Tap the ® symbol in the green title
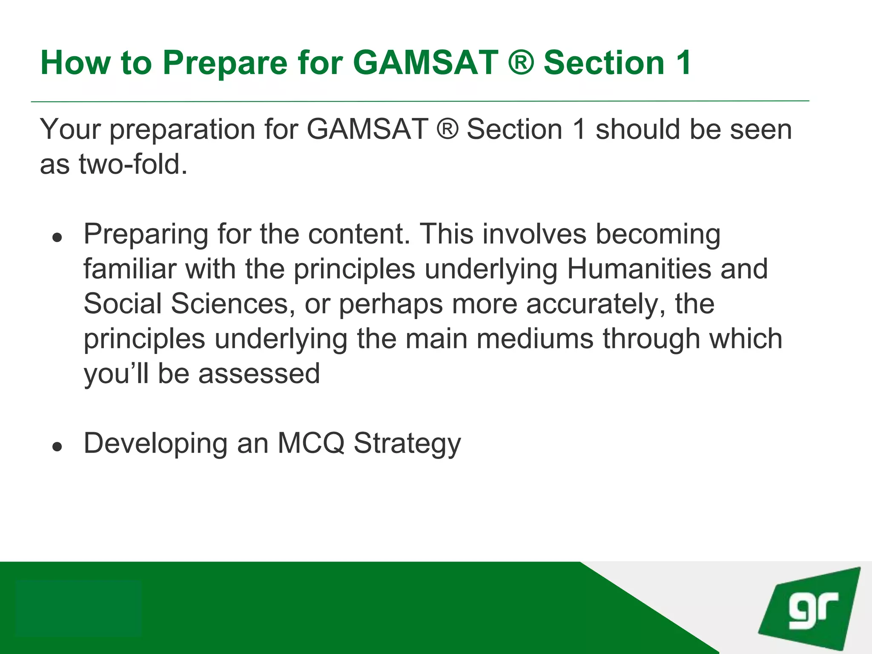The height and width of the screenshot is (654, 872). pos(521,63)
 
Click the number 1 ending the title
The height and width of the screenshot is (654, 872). pos(683,63)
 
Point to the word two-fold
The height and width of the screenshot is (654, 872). pos(133,164)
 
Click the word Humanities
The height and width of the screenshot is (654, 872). pos(639,269)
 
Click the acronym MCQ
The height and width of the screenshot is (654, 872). pos(311,443)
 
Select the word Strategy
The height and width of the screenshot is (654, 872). pos(407,444)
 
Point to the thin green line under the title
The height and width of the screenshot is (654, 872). pos(419,101)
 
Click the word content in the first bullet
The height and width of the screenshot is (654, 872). pos(359,234)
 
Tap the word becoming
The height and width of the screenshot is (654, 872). pos(658,235)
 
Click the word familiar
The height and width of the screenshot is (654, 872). pos(129,269)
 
